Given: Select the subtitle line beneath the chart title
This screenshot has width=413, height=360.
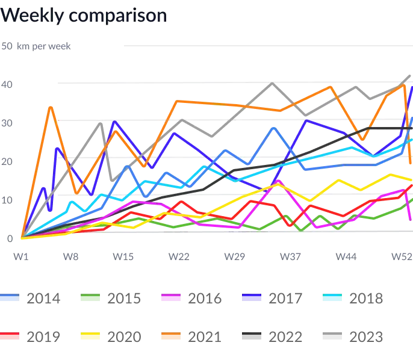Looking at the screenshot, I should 36,46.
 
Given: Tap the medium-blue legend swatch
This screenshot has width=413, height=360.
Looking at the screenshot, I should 10,298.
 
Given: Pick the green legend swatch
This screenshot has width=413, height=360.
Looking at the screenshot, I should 90,298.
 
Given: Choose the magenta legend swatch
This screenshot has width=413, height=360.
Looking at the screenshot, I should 172,298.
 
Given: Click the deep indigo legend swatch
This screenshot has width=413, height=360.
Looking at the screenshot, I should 252,298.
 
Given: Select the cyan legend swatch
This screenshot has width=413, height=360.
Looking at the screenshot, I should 332,298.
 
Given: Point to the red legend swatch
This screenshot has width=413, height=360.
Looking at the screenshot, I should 10,337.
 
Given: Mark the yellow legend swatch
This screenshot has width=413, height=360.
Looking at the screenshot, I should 90,337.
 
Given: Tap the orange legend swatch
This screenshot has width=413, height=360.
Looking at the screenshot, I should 172,337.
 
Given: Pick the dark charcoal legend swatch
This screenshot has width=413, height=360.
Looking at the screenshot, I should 252,337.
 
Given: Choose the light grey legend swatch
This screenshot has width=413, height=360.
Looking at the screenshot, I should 332,337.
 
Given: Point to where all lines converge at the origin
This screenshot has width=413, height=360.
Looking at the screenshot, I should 21,238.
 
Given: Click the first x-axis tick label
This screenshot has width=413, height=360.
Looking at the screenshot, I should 19,256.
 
